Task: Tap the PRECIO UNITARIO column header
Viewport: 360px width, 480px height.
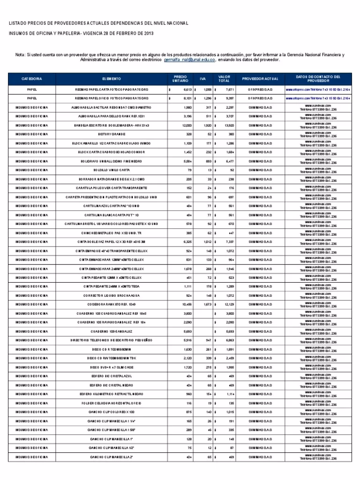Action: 180,79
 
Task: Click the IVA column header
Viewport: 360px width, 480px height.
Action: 202,79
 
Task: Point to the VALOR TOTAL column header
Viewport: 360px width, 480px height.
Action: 224,79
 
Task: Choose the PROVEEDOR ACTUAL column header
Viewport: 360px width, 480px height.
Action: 260,79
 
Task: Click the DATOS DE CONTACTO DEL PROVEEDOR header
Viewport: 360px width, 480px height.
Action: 318,79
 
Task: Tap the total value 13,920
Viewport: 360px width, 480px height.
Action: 227,126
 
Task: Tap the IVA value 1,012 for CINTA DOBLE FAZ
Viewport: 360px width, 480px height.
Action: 206,242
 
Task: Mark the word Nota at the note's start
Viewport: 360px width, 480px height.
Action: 21,54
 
